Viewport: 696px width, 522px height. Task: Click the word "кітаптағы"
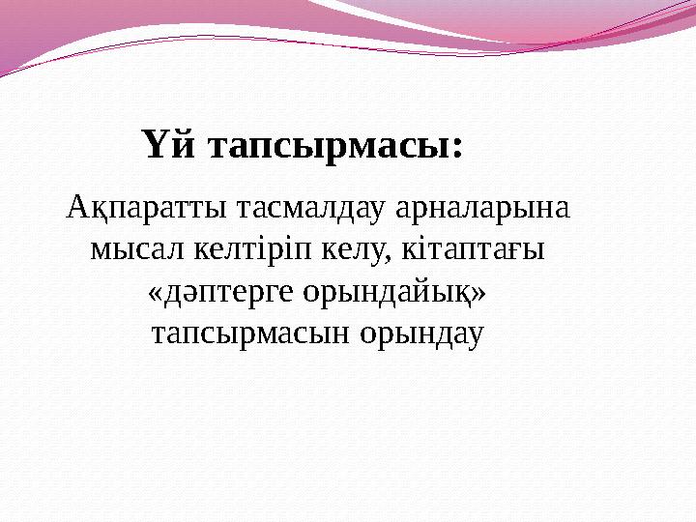click(472, 250)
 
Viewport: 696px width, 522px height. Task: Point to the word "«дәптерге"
click(222, 292)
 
